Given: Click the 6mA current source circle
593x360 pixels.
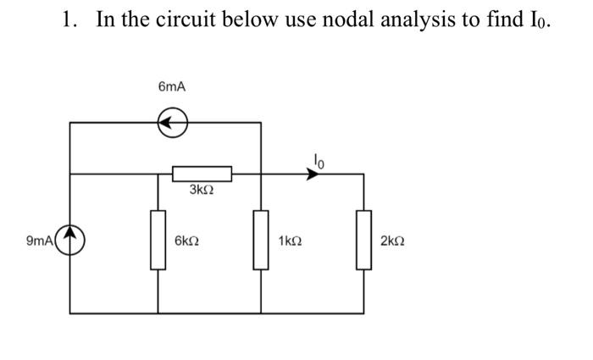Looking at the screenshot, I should tap(173, 123).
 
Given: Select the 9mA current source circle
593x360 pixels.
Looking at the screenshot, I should tap(69, 241).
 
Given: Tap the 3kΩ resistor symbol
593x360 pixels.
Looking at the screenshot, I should tap(202, 174).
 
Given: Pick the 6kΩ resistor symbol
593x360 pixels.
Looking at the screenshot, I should tap(158, 241).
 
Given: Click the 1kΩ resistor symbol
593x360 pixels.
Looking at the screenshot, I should tap(260, 241).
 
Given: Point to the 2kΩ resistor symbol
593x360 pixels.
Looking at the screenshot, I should tap(364, 241).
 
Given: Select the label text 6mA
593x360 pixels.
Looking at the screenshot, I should tap(172, 87).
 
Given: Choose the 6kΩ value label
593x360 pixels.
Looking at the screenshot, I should tap(186, 241).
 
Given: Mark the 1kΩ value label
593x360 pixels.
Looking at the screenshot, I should tap(290, 241).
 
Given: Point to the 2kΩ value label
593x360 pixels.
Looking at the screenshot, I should tap(393, 241).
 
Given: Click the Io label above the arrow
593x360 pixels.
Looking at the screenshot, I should tap(318, 157).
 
